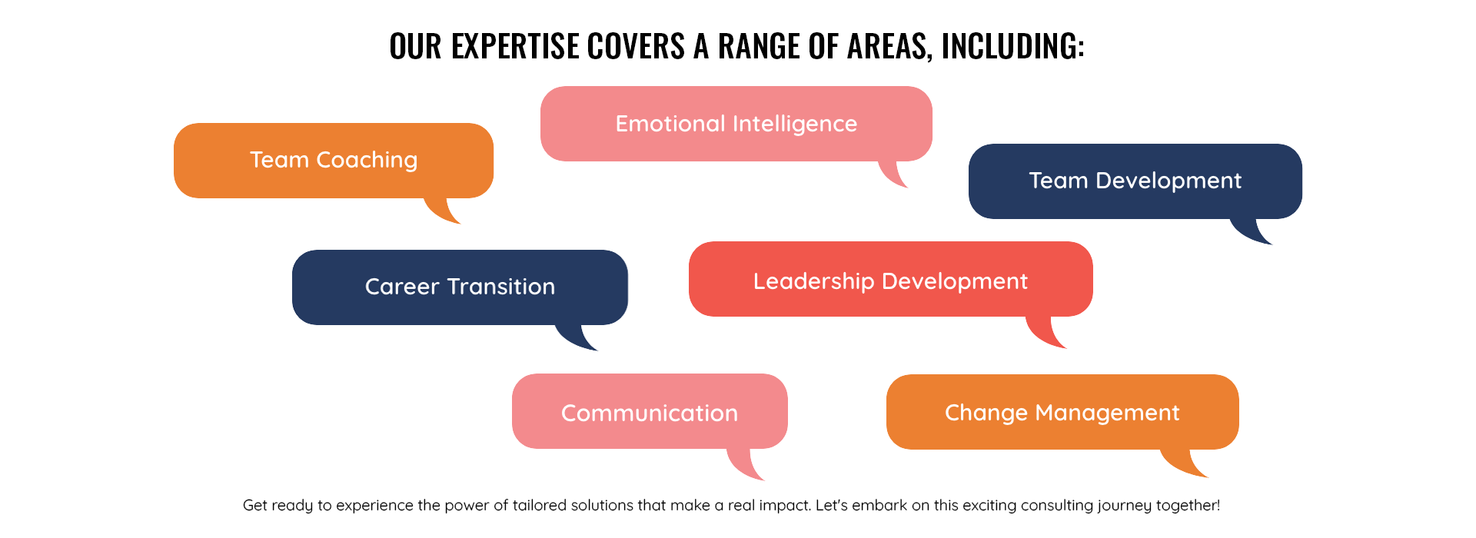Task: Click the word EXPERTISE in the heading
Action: point(515,46)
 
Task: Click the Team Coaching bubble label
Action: point(334,160)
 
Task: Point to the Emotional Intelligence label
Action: point(736,124)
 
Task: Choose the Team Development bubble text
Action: point(1135,181)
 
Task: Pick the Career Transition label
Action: point(460,287)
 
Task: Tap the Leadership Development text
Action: point(890,281)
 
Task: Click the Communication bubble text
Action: point(650,413)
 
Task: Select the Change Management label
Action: point(1062,413)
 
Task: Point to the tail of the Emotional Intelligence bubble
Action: point(892,173)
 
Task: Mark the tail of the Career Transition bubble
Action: point(573,337)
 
